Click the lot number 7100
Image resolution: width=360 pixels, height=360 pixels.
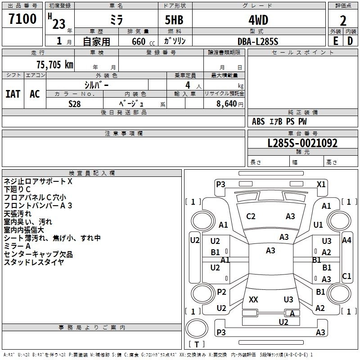[x=22, y=19]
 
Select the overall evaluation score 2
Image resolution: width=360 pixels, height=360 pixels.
[x=343, y=21]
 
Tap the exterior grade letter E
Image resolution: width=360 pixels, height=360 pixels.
[x=335, y=40]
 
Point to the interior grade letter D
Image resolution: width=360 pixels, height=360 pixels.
[x=350, y=40]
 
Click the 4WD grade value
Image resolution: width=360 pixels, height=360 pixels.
[x=258, y=20]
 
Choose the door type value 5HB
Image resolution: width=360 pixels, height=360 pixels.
[x=174, y=20]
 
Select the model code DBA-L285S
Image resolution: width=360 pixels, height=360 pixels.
[x=258, y=41]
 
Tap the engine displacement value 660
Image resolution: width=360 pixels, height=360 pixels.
[x=138, y=41]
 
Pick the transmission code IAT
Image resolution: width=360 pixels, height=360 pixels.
[x=13, y=94]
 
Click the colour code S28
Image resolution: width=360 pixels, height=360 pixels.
[x=75, y=103]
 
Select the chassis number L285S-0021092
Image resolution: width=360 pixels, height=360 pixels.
[x=302, y=143]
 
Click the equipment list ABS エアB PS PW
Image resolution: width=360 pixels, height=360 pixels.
[x=279, y=121]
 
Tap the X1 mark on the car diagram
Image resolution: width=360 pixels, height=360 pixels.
[x=321, y=184]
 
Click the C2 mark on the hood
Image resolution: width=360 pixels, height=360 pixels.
[x=251, y=216]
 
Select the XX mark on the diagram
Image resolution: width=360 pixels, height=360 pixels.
[x=253, y=299]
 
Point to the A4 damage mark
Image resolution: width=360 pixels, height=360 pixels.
[x=346, y=240]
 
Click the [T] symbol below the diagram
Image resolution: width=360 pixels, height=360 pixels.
[x=196, y=344]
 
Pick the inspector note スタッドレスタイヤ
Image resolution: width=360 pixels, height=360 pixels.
[x=34, y=262]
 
